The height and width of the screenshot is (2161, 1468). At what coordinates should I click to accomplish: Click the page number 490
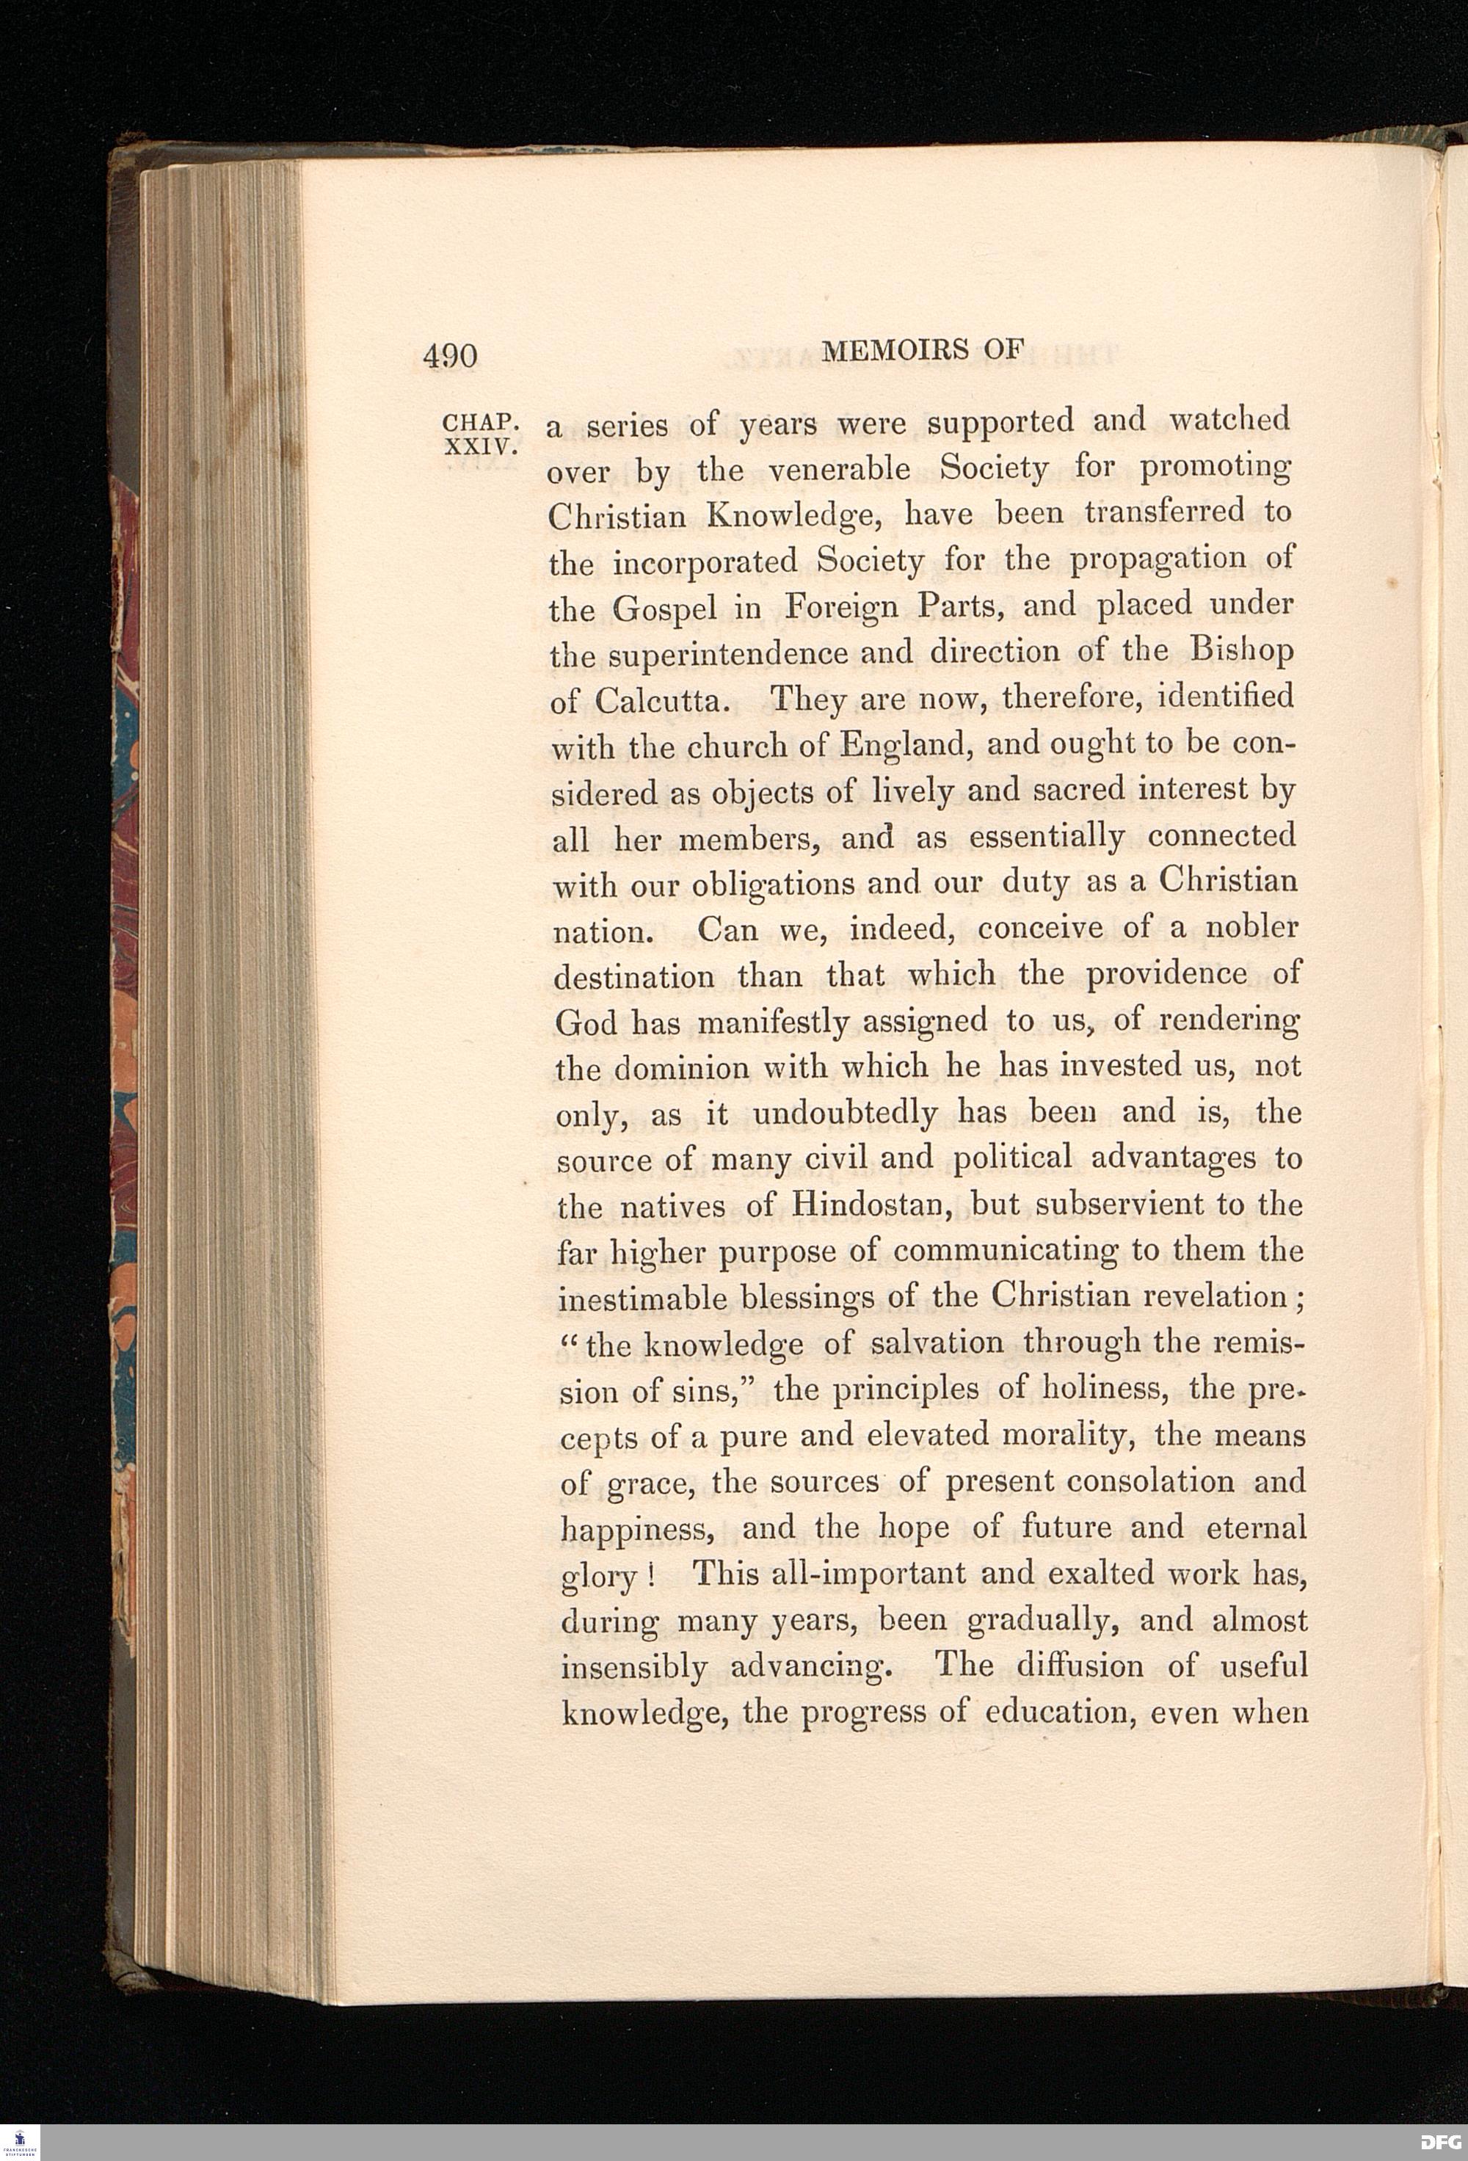[x=449, y=356]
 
